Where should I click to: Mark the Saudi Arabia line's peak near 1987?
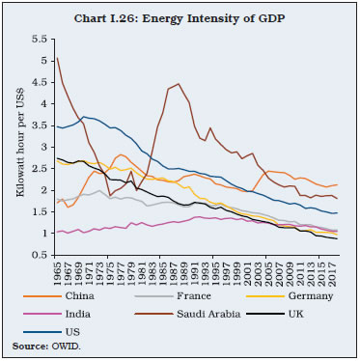point(179,84)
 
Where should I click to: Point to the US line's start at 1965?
point(58,125)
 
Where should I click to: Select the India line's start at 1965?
point(58,233)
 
